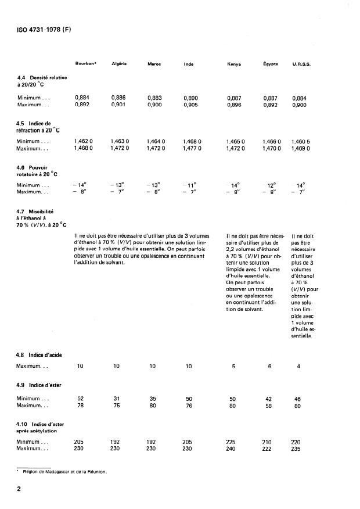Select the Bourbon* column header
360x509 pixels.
pyautogui.click(x=86, y=63)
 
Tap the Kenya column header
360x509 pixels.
pyautogui.click(x=234, y=64)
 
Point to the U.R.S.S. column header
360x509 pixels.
pyautogui.click(x=301, y=64)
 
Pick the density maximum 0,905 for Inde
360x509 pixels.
pyautogui.click(x=191, y=105)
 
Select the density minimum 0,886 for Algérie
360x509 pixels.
pyautogui.click(x=118, y=99)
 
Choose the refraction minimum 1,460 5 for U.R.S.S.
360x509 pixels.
pyautogui.click(x=301, y=141)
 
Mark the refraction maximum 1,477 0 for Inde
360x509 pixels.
pyautogui.click(x=192, y=148)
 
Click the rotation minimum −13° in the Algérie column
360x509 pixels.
pyautogui.click(x=118, y=185)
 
